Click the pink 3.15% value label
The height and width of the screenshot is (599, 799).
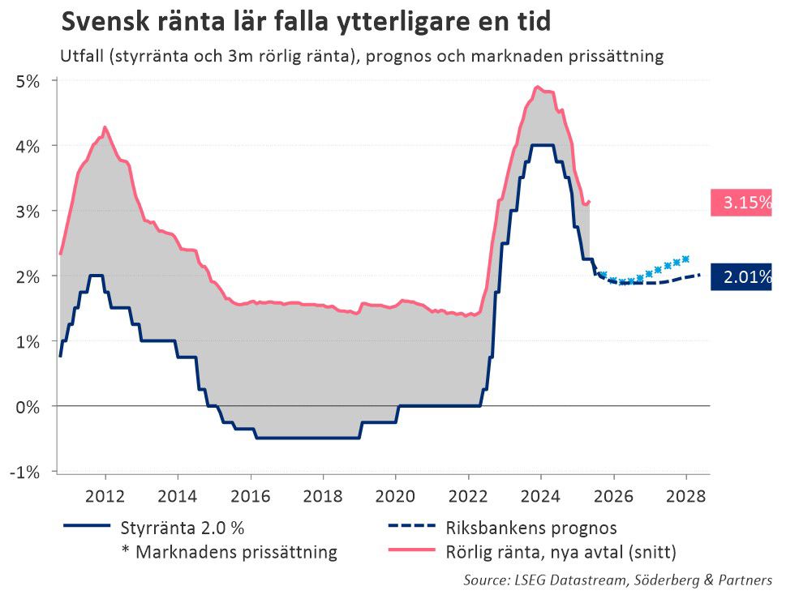point(741,202)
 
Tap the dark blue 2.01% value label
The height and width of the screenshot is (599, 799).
point(741,277)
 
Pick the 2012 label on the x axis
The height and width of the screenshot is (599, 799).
point(105,496)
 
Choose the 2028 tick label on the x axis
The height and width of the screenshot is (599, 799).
point(685,496)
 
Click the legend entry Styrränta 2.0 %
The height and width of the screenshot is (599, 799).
point(182,528)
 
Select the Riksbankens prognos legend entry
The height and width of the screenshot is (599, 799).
point(531,528)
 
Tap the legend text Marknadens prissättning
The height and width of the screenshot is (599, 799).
point(235,553)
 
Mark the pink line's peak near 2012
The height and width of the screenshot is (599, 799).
point(105,127)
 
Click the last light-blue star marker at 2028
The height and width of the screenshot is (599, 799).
point(685,259)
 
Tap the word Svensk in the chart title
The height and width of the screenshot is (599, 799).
point(103,22)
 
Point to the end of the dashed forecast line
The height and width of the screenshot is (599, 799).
point(699,275)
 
